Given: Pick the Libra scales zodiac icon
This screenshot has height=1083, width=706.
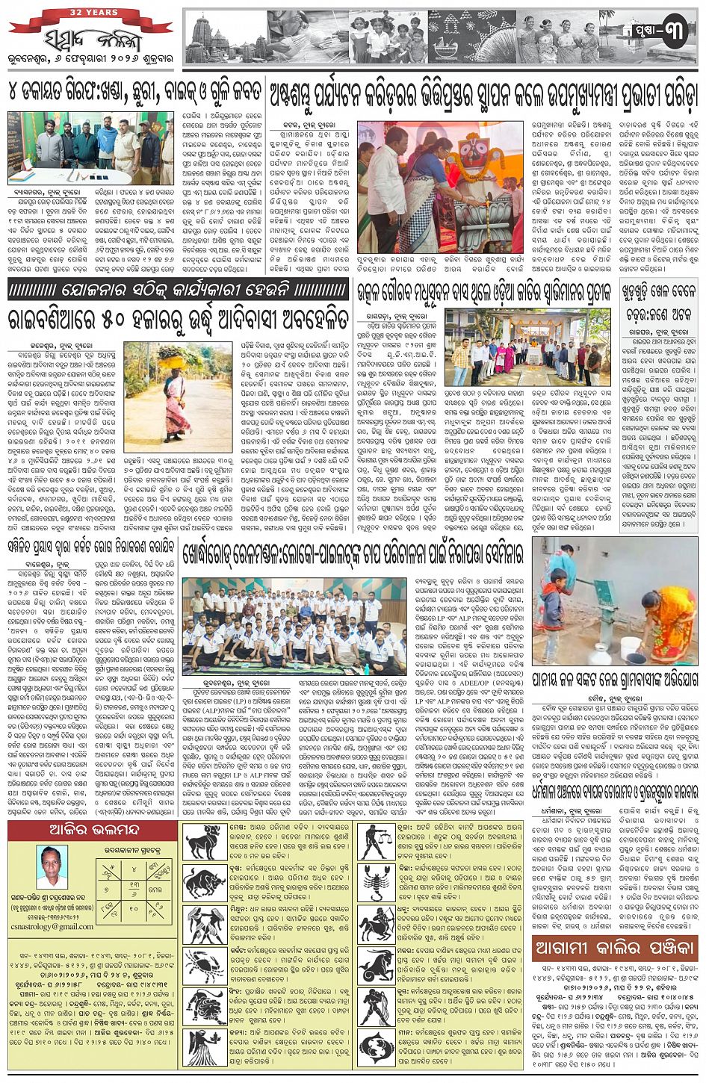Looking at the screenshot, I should click(x=377, y=840).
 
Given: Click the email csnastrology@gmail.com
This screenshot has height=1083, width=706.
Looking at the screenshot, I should click(x=56, y=926).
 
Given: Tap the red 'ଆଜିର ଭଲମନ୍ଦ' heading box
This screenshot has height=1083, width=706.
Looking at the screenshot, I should click(x=92, y=830).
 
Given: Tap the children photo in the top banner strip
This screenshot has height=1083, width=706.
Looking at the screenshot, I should click(x=389, y=36).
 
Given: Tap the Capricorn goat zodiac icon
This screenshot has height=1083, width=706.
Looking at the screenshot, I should click(x=377, y=963).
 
